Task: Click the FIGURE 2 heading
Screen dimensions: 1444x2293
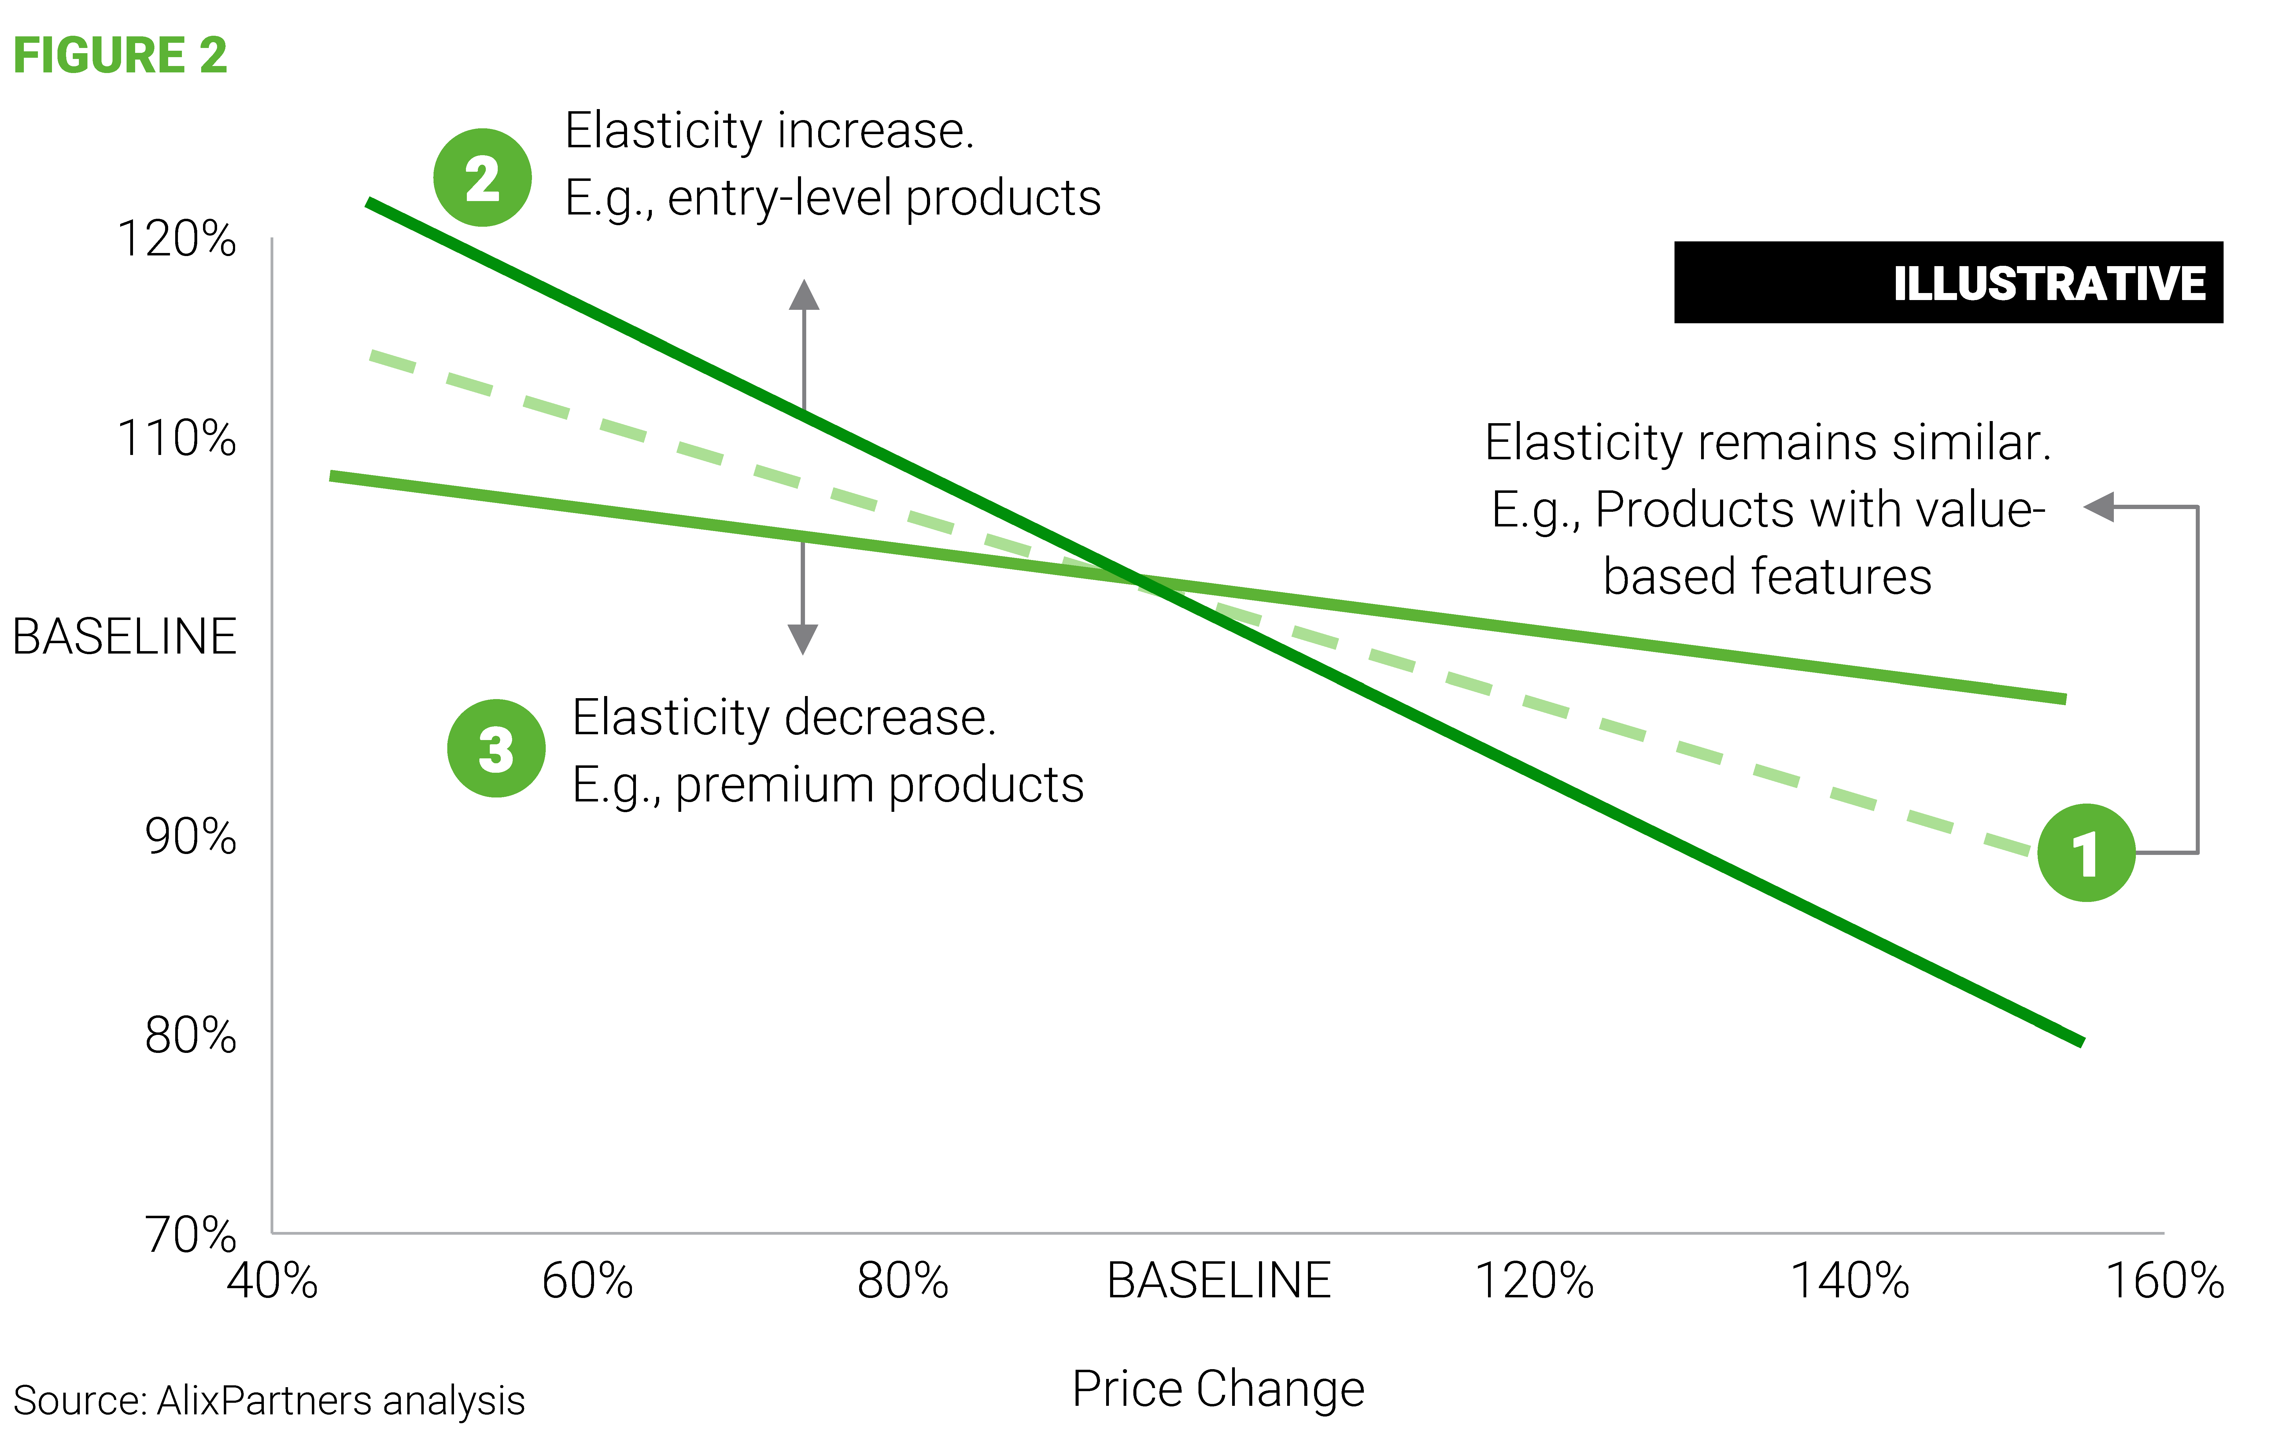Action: [120, 55]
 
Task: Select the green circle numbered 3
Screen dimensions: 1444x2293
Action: [496, 748]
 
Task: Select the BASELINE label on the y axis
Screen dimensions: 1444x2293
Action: [124, 637]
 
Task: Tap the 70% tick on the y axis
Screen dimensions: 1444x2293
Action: [190, 1235]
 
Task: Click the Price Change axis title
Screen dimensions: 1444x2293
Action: [1218, 1389]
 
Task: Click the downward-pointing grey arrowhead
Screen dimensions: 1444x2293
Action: [803, 640]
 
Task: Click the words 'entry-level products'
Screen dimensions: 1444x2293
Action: [884, 199]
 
